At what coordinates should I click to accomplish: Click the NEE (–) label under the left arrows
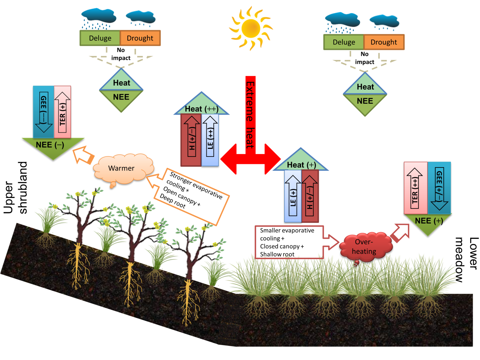(x=50, y=145)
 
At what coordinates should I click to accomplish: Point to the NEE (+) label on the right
(x=429, y=221)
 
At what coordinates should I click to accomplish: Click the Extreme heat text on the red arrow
(x=250, y=115)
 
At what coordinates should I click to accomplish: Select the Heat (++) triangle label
(x=202, y=108)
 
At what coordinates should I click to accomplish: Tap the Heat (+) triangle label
(x=301, y=165)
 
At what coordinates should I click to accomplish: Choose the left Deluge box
(x=100, y=38)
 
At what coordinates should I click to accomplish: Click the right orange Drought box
(x=384, y=42)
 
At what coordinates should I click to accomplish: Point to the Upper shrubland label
(x=15, y=188)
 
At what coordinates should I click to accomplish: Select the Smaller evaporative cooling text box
(x=287, y=242)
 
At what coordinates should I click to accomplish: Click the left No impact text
(x=121, y=54)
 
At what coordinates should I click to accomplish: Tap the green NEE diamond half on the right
(x=365, y=102)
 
